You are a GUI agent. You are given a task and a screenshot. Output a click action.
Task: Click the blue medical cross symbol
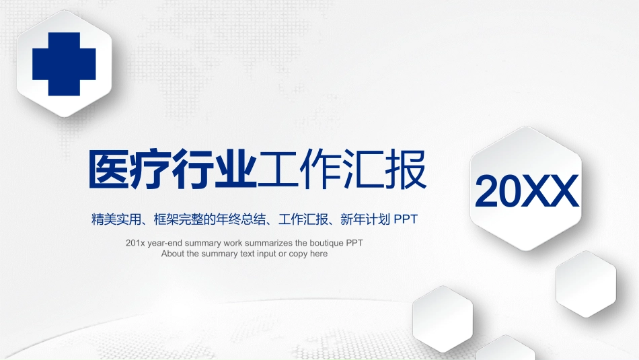coord(64,64)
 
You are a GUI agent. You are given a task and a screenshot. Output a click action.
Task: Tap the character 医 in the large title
coord(109,169)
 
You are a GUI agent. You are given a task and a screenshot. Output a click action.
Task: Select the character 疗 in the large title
coord(151,169)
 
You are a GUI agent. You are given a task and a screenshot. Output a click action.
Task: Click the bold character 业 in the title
coord(235,169)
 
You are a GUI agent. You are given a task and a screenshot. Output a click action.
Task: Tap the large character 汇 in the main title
coord(363,169)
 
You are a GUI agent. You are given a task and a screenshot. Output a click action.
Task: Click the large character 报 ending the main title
coord(406,169)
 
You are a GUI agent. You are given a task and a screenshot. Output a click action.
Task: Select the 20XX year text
coord(527,191)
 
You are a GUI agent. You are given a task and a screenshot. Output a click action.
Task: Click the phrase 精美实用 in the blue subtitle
coord(116,219)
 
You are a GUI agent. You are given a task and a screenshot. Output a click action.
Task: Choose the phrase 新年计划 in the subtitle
coord(365,219)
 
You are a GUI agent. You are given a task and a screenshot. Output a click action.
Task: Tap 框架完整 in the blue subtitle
coord(178,219)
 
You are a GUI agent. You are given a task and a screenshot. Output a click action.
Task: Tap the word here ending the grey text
coord(319,254)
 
